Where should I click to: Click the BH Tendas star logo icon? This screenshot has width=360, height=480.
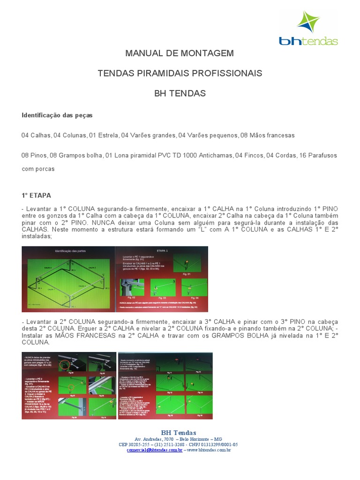(308, 23)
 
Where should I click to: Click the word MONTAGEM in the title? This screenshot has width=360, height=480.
(208, 53)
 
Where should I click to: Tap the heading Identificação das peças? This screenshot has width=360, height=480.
(57, 115)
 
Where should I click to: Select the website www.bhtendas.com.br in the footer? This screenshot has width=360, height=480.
(209, 450)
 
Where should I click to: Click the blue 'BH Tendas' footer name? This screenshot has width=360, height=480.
(179, 432)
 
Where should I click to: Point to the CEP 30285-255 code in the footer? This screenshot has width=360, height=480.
(136, 444)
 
